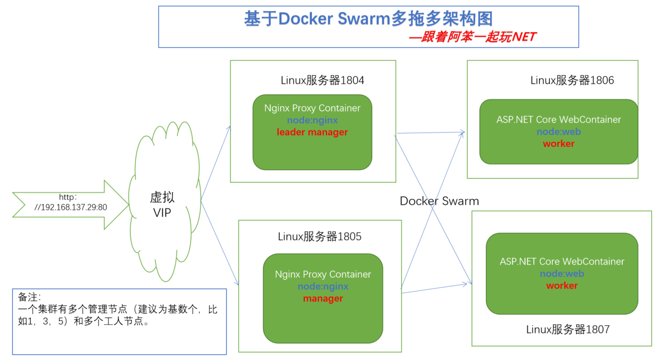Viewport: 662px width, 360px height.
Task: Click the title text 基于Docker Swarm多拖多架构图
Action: [x=368, y=19]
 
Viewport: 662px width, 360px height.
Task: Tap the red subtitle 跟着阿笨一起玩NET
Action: [x=472, y=37]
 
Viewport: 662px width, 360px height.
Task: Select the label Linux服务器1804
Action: [x=322, y=81]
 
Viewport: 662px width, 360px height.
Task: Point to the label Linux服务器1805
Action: [x=319, y=236]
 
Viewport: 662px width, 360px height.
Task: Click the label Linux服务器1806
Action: [x=572, y=81]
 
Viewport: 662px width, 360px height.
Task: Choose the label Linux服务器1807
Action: [x=568, y=330]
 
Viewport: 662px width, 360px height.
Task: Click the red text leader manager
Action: [x=312, y=132]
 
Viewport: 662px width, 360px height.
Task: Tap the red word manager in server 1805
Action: [x=323, y=299]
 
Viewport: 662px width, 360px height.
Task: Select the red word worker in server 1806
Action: [x=558, y=144]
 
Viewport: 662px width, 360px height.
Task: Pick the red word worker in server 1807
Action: [x=562, y=286]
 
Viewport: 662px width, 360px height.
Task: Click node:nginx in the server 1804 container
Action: [x=312, y=120]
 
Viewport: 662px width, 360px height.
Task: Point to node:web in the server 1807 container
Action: [x=562, y=273]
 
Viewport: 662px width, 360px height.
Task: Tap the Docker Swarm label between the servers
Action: [x=439, y=201]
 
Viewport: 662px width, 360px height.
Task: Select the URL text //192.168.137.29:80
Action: [x=70, y=207]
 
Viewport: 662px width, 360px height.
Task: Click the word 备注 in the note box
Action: [x=29, y=298]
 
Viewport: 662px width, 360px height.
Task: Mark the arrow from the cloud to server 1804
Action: [x=216, y=163]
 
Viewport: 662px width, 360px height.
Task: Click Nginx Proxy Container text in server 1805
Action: [x=323, y=274]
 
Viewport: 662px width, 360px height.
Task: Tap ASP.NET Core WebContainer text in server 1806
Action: [x=558, y=120]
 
